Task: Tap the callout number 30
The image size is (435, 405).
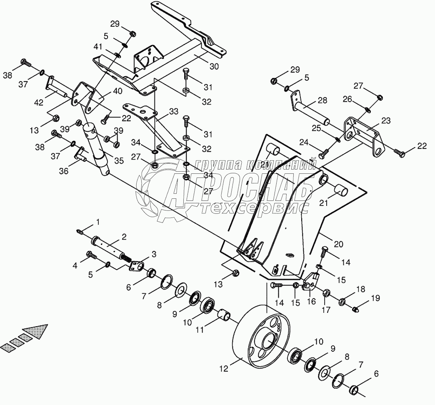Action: click(214, 66)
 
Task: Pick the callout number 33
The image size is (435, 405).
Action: click(174, 111)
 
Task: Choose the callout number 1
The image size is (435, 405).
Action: click(98, 221)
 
